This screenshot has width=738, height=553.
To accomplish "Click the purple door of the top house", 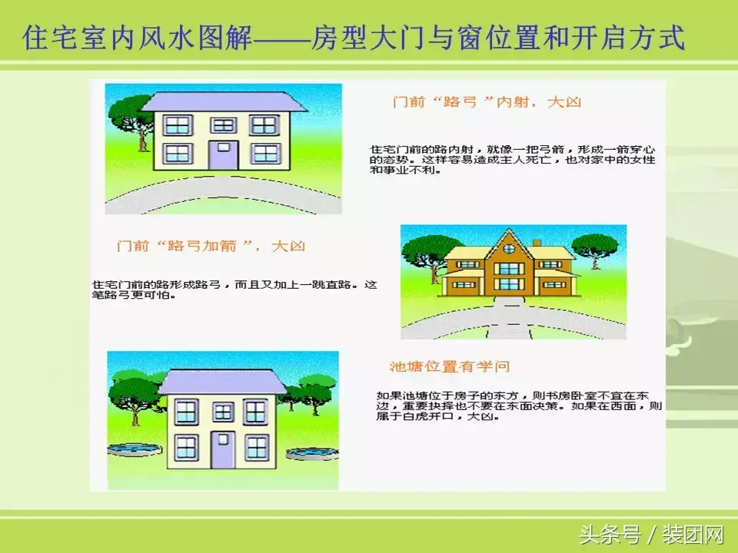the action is [x=223, y=155].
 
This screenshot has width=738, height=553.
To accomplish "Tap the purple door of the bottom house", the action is [x=223, y=449].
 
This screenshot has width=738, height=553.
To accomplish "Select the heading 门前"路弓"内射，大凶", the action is [x=487, y=101].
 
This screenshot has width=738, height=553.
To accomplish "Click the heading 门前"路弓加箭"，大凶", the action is [x=211, y=246].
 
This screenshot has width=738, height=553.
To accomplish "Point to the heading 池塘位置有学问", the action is [x=450, y=366].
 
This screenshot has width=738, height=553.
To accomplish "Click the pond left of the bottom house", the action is [x=135, y=449].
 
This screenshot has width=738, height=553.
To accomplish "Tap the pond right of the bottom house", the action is [x=312, y=453].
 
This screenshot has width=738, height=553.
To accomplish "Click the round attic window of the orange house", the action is [x=509, y=248].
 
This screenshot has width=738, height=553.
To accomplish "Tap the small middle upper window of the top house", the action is [x=223, y=125].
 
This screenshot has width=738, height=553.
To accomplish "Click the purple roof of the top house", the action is [x=224, y=102].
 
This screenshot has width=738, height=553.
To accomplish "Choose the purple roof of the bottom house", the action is [x=222, y=382].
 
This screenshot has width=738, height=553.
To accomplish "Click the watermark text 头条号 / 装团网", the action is [x=651, y=535].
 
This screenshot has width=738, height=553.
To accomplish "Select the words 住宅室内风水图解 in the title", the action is [x=137, y=38].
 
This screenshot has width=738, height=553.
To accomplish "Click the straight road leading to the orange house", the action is [x=509, y=317].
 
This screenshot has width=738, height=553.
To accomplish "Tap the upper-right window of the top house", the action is [x=264, y=125].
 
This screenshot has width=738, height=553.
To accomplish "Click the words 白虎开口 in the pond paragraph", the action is [x=427, y=416].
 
